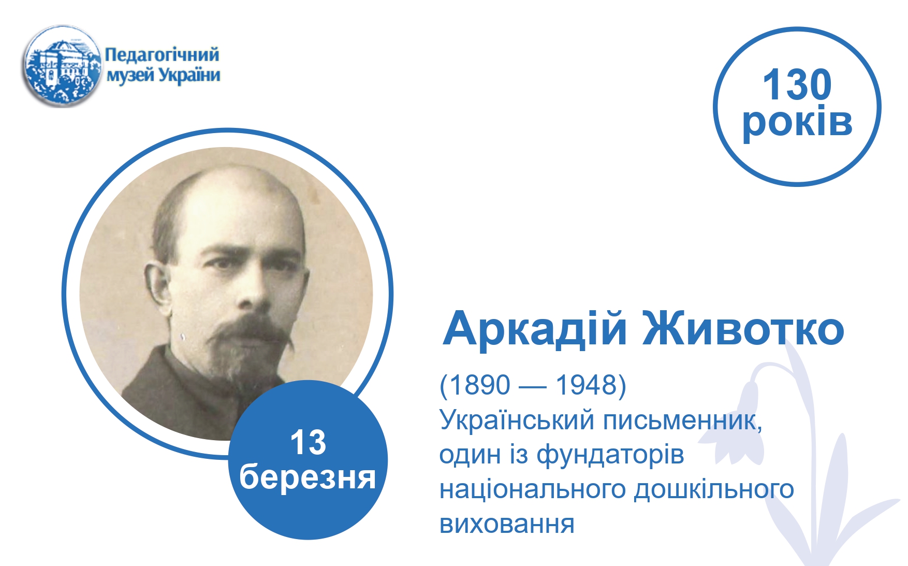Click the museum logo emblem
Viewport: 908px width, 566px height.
(x=62, y=66)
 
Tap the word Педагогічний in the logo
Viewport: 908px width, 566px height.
(x=162, y=54)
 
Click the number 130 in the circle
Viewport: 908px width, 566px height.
(x=797, y=85)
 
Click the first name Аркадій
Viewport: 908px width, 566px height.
(x=535, y=329)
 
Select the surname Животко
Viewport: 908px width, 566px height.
(x=743, y=329)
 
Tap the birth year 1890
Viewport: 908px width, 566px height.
(x=480, y=385)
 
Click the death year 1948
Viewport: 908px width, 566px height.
(x=587, y=385)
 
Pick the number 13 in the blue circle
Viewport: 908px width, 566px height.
(x=308, y=442)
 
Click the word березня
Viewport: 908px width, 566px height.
(x=307, y=476)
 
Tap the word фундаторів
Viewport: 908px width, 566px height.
(x=610, y=455)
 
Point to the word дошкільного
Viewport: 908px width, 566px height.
(x=714, y=489)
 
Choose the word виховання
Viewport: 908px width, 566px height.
(x=507, y=524)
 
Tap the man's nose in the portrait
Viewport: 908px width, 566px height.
(x=252, y=290)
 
